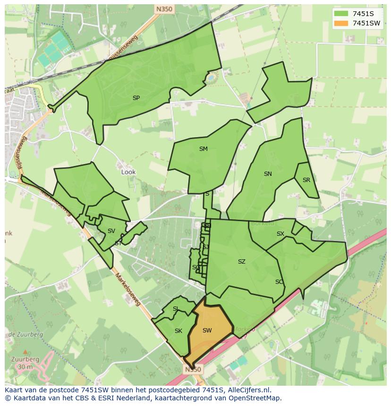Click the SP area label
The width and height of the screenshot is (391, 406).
pos(136,98)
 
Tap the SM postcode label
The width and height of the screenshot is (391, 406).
pos(203,149)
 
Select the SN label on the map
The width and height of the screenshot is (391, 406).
pos(268,174)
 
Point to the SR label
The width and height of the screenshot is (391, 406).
pos(306,180)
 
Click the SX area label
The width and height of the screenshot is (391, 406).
pos(280,234)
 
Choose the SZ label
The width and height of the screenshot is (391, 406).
pos(242,262)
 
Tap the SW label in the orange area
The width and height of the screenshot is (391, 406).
pos(207,331)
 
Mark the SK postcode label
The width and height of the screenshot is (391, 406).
pos(178,331)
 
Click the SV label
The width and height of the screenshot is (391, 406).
pos(111,231)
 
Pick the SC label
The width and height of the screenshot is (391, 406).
pos(279,282)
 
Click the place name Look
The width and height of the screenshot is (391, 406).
pos(128,172)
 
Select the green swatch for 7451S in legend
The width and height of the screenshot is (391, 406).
pos(340,14)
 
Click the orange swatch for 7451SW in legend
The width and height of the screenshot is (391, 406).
pos(340,23)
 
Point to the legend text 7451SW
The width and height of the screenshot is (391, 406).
pos(366,23)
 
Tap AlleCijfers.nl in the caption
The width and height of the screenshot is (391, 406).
pos(254,390)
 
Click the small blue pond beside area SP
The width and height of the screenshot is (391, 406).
pos(211,76)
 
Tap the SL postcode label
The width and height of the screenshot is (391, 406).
pos(175,309)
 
